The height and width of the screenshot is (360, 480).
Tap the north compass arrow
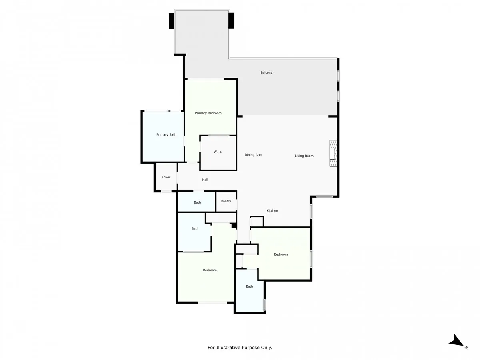[x=456, y=341]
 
